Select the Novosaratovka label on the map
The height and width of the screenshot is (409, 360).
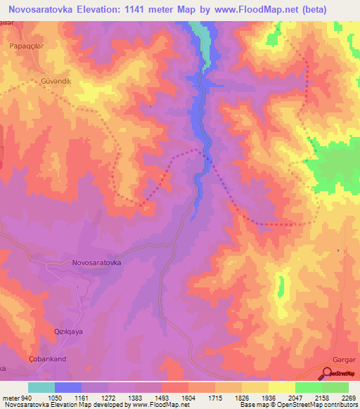(97, 262)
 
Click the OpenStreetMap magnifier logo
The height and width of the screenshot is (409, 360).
(329, 374)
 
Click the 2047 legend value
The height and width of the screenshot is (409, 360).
(291, 397)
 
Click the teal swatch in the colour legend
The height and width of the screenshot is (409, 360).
(41, 387)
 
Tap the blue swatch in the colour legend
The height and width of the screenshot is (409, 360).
(68, 387)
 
